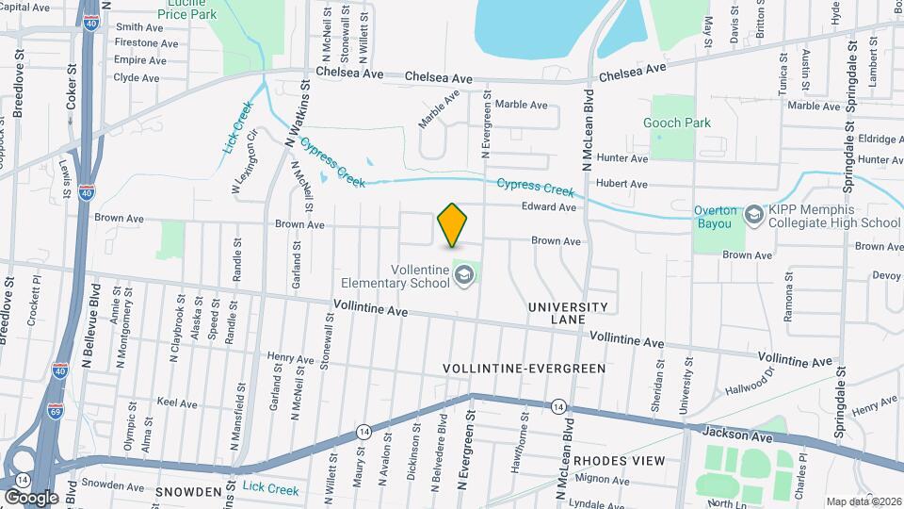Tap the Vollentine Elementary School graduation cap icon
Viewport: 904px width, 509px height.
[x=462, y=274]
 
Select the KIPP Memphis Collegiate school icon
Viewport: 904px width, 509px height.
[x=753, y=215]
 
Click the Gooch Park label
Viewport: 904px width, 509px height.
[x=676, y=123]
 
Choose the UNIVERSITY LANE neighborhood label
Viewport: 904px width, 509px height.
[x=568, y=314]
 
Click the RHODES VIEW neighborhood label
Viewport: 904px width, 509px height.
[x=619, y=461]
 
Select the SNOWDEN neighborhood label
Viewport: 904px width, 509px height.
[x=188, y=492]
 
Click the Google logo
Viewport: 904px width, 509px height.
[x=31, y=497]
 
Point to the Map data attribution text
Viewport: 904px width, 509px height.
[x=864, y=501]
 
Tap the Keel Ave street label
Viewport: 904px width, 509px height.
[x=176, y=402]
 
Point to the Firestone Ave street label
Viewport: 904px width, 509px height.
[x=145, y=43]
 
